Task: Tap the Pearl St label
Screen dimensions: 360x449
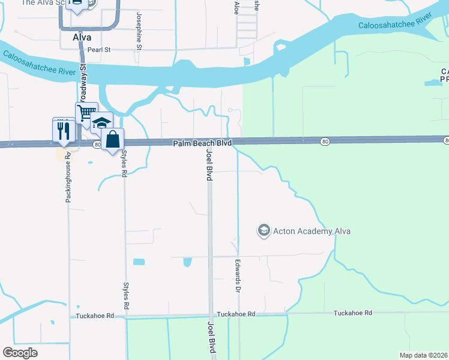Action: [x=100, y=50]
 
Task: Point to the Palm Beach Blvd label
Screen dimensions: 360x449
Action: [x=202, y=144]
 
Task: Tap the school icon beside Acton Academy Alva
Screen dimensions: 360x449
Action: [x=263, y=230]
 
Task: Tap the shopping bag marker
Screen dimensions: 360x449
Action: [x=112, y=140]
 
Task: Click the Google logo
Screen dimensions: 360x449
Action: [x=20, y=353]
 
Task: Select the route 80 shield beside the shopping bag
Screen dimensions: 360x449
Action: [x=97, y=145]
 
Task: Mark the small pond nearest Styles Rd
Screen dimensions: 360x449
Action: [x=139, y=262]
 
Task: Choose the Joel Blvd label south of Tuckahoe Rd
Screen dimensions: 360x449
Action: [x=211, y=337]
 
